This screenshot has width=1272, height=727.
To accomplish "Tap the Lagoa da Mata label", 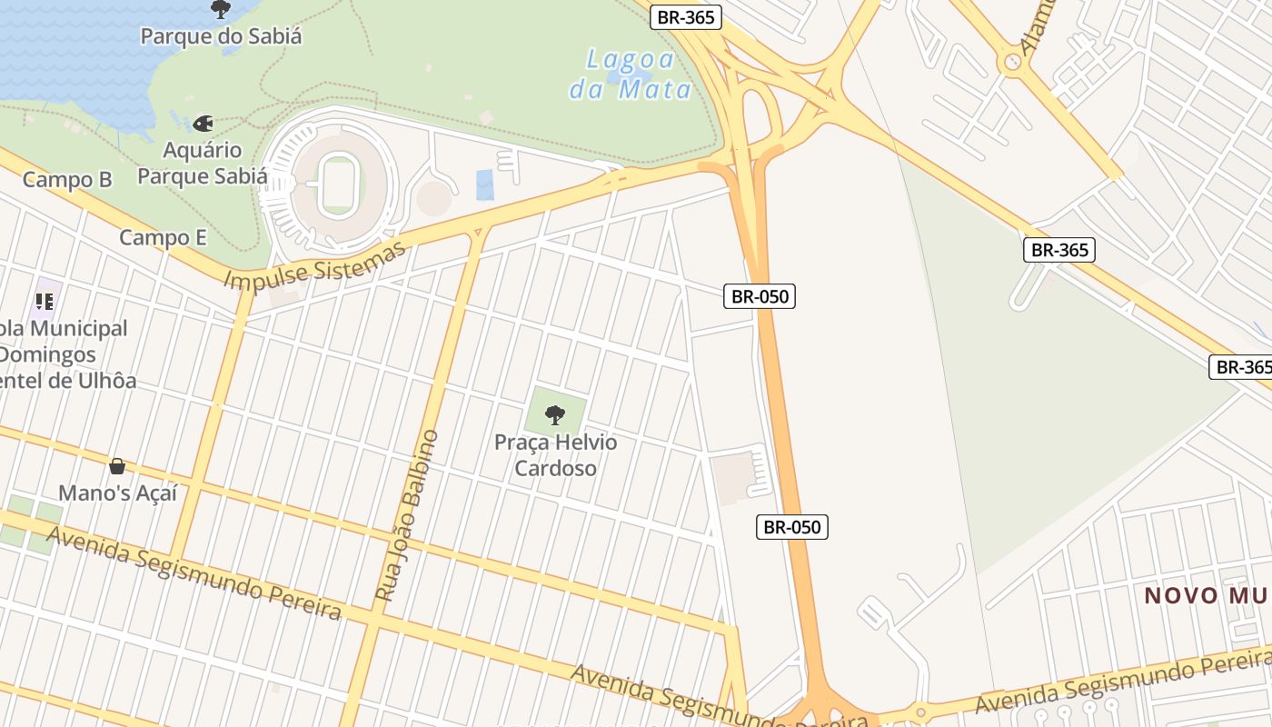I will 631,75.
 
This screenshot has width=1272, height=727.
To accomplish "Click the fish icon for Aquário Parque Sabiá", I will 203,123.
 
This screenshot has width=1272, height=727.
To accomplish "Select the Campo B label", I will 67,180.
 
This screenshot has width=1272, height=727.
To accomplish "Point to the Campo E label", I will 164,238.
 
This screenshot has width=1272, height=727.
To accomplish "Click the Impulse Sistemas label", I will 314,265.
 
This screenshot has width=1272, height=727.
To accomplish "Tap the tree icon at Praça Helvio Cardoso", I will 554,415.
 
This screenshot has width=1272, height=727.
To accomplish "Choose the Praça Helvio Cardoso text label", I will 555,455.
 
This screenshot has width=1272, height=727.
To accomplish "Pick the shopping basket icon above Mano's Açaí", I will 117,466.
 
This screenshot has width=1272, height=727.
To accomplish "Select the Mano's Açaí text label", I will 117,493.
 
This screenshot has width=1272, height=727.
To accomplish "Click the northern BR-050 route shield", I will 759,296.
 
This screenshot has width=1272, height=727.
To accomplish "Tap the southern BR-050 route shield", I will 792,527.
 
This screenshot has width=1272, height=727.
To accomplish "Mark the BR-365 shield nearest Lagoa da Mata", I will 686,17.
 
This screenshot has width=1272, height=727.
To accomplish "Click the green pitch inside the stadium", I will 338,184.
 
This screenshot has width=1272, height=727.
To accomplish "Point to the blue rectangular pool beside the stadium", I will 485,184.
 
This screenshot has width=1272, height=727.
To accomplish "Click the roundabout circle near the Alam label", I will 1011,63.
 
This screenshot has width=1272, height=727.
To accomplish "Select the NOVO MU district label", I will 1207,596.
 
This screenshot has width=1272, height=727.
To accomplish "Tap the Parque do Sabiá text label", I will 221,36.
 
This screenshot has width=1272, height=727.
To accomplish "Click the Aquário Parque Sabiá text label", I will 203,163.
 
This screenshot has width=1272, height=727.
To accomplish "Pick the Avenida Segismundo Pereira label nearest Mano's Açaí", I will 194,573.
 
